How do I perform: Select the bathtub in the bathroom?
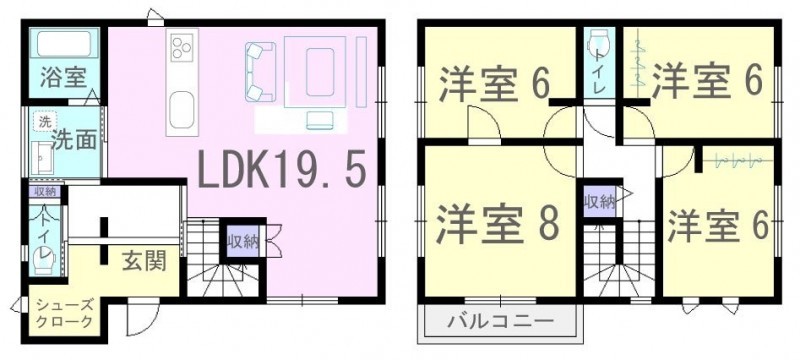tap(64, 43)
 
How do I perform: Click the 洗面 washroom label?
tap(74, 141)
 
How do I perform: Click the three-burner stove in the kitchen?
tap(182, 47)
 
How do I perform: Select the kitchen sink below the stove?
tap(182, 110)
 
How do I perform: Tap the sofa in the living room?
tap(260, 72)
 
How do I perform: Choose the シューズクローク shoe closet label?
tap(64, 313)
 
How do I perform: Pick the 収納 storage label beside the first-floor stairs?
tap(243, 242)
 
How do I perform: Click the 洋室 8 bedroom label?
tap(498, 223)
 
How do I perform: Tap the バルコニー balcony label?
tap(501, 321)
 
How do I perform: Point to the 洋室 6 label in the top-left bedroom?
tap(495, 83)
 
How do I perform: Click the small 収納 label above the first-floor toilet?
tap(45, 192)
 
